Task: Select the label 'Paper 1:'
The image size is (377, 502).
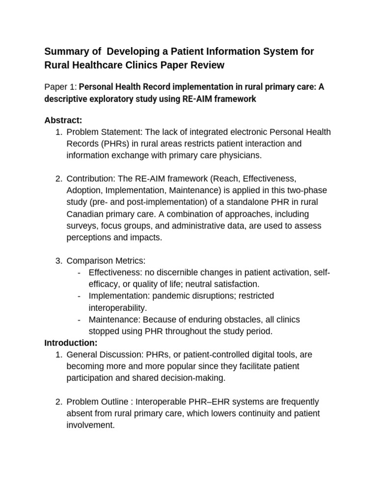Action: (60, 87)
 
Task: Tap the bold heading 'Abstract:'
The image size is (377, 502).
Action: (62, 120)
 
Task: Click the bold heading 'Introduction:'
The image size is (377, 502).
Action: (71, 342)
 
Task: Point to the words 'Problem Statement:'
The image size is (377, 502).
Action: (101, 132)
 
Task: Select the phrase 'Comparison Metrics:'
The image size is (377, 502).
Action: (106, 261)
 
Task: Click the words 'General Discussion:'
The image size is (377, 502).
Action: (103, 354)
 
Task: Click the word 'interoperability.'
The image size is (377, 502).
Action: (117, 308)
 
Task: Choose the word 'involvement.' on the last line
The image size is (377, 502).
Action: (90, 425)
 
